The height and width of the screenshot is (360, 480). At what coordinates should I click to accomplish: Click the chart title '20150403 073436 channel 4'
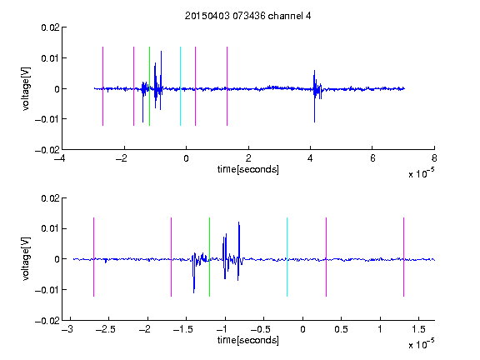pyautogui.click(x=248, y=16)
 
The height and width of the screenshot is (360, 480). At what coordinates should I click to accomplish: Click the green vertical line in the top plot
pyautogui.click(x=149, y=86)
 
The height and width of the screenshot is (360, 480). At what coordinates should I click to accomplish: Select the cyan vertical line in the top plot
pyautogui.click(x=180, y=86)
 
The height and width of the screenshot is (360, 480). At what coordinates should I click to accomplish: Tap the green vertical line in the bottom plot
pyautogui.click(x=209, y=257)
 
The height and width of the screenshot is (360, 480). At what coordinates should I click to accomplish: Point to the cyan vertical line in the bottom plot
pyautogui.click(x=287, y=257)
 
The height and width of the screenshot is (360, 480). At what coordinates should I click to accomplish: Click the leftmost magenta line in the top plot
pyautogui.click(x=102, y=86)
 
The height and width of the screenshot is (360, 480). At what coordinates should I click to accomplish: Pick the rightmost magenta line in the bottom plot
pyautogui.click(x=403, y=257)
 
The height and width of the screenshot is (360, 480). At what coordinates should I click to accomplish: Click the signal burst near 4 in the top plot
pyautogui.click(x=317, y=92)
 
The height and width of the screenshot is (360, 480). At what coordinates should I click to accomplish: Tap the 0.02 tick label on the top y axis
pyautogui.click(x=51, y=27)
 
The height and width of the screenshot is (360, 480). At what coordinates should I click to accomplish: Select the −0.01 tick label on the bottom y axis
pyautogui.click(x=47, y=290)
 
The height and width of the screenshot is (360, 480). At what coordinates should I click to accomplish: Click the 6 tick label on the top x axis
pyautogui.click(x=372, y=158)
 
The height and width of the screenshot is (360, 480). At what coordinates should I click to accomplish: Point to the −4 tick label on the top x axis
pyautogui.click(x=59, y=158)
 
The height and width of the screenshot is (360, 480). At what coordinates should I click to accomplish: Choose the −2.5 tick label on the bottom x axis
pyautogui.click(x=105, y=329)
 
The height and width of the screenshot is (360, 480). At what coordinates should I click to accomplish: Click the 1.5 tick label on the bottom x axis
pyautogui.click(x=418, y=329)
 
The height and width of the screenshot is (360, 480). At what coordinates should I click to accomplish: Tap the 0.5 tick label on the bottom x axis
pyautogui.click(x=341, y=329)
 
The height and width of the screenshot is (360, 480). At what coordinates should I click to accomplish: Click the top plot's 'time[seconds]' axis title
pyautogui.click(x=248, y=169)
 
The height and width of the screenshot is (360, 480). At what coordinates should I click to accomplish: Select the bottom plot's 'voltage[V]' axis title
pyautogui.click(x=27, y=258)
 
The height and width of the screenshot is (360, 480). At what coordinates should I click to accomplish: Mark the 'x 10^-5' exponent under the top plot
pyautogui.click(x=421, y=173)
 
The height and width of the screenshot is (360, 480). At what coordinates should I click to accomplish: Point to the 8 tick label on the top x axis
pyautogui.click(x=434, y=158)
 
